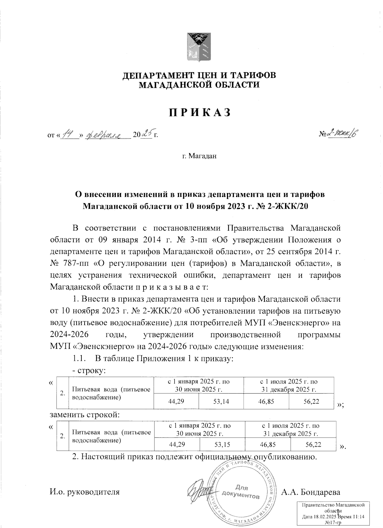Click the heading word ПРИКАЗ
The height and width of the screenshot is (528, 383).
[x=199, y=113]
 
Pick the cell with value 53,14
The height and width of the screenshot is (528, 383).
[x=221, y=401]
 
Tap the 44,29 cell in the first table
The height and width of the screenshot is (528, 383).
[x=176, y=401]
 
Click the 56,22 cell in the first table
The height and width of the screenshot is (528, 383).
[x=311, y=401]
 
